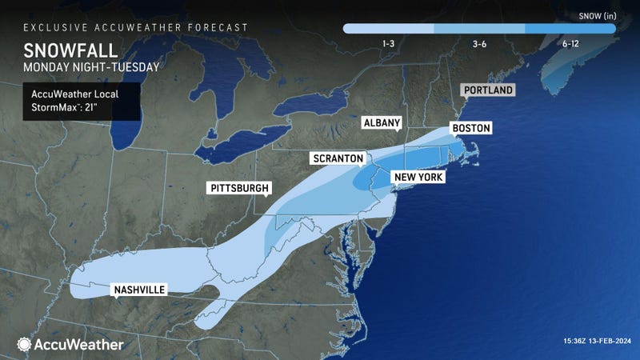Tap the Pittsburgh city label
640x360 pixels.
click(239, 189)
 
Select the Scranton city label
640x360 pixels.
click(338, 159)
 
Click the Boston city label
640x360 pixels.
click(470, 128)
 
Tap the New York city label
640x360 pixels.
click(417, 176)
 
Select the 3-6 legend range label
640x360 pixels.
click(479, 44)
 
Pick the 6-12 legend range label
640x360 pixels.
click(570, 44)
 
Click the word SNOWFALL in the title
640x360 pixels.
click(62, 49)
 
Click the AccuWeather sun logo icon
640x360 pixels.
click(25, 345)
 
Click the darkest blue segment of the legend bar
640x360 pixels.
click(571, 29)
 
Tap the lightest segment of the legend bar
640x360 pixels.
click(389, 29)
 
